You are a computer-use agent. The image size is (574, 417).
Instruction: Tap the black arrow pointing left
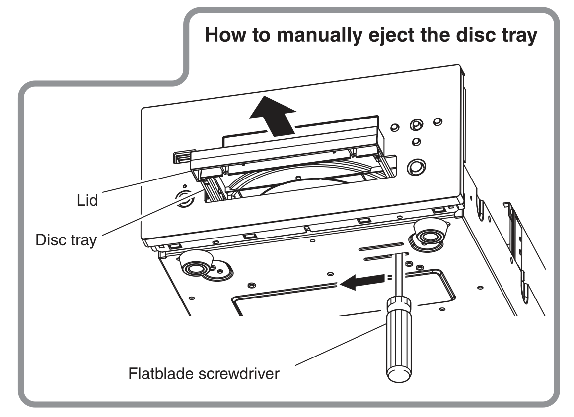point(361,282)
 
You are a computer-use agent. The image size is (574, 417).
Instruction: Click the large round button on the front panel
point(415,168)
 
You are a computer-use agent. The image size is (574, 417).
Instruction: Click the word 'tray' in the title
point(516,37)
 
